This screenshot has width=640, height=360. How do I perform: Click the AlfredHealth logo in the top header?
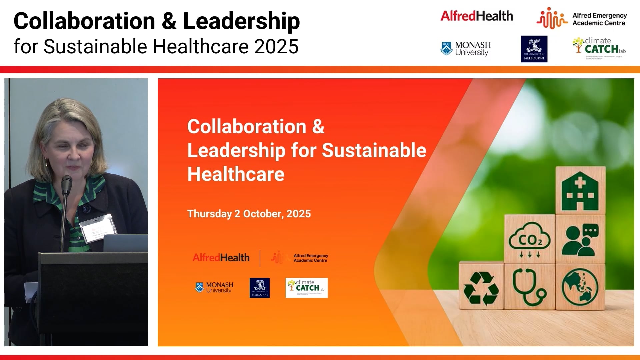click(x=476, y=16)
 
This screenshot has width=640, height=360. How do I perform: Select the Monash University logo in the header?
click(x=466, y=49)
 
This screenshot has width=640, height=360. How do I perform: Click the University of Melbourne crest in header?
click(x=534, y=49)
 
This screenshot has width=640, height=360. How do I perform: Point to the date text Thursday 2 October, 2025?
click(x=249, y=214)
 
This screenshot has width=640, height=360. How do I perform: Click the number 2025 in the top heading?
click(x=276, y=46)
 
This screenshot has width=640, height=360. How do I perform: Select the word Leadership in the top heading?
click(x=241, y=21)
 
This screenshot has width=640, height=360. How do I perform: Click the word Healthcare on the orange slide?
click(x=236, y=174)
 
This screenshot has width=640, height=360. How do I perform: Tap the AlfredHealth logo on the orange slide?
click(x=221, y=258)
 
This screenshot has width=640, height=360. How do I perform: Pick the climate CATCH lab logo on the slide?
click(x=307, y=288)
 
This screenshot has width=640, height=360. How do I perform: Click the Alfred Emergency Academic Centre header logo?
click(x=582, y=19)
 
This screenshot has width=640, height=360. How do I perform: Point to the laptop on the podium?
click(x=125, y=243)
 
